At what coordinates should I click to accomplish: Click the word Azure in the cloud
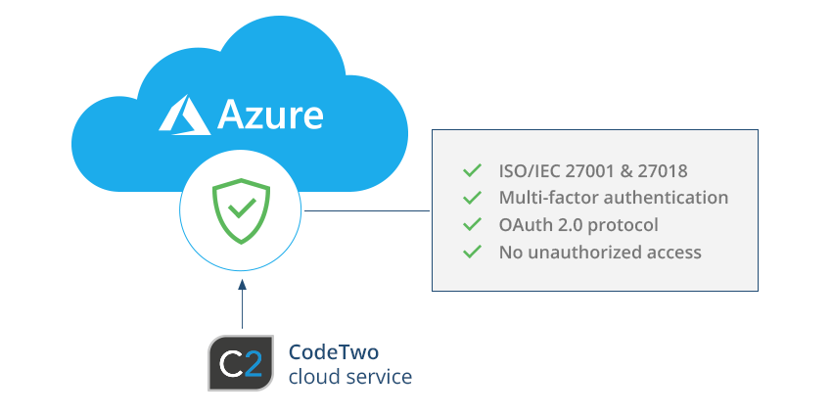click(270, 115)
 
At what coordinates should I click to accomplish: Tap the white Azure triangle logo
click(183, 115)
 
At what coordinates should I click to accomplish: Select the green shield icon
click(242, 209)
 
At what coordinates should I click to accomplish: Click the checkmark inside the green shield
click(242, 208)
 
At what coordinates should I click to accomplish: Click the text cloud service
click(349, 376)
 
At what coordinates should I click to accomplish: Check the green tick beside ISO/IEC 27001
click(473, 170)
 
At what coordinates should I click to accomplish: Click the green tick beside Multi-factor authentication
click(473, 198)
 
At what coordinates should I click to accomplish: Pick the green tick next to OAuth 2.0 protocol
click(473, 224)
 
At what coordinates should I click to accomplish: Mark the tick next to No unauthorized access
click(473, 252)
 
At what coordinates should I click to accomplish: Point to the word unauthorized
click(579, 252)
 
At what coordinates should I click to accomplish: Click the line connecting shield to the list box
click(367, 209)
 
